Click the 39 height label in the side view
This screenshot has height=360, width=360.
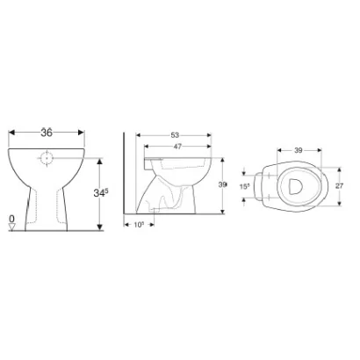(x=223, y=184)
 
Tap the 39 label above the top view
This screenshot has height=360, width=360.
(x=299, y=151)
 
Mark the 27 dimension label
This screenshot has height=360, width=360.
(x=342, y=186)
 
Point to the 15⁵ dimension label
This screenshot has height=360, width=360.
(x=246, y=186)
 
